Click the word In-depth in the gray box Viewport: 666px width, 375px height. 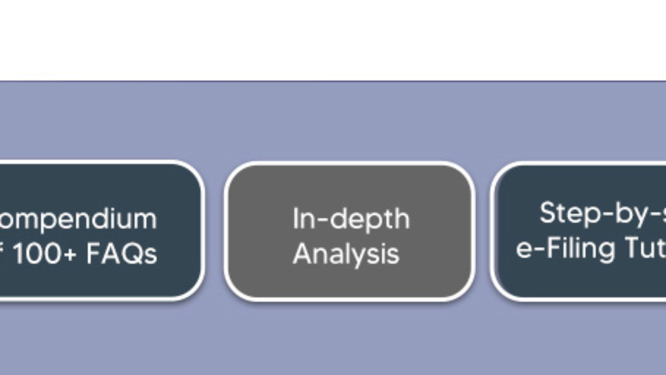[351, 219]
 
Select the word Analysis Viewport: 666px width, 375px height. [346, 254]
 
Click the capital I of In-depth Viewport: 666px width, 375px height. [296, 218]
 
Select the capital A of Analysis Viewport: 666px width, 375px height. [301, 253]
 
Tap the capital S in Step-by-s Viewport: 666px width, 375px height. [547, 213]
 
